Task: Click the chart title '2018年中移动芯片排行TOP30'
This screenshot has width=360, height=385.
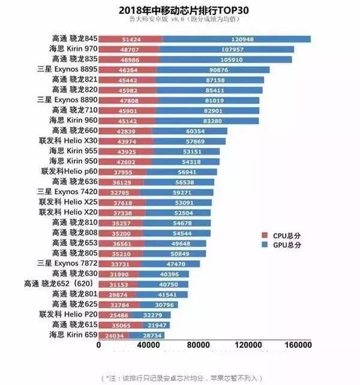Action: (x=180, y=10)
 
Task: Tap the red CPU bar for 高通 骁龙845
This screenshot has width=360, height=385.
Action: (x=130, y=39)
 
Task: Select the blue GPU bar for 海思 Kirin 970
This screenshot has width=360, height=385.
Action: (x=227, y=49)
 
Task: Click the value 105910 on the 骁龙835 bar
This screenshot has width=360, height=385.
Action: (x=227, y=59)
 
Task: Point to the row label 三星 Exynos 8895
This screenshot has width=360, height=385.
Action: (x=67, y=70)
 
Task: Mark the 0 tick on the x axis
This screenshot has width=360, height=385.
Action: (x=98, y=345)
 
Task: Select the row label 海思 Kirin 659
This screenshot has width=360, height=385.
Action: (x=71, y=335)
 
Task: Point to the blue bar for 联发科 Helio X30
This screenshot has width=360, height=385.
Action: (x=189, y=141)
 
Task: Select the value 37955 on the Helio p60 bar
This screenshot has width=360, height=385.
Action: (x=121, y=172)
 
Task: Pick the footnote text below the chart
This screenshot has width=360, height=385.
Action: (x=180, y=378)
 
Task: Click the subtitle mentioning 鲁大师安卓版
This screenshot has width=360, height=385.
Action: (x=180, y=20)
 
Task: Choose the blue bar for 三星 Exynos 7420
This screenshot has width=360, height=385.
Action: (x=176, y=192)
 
